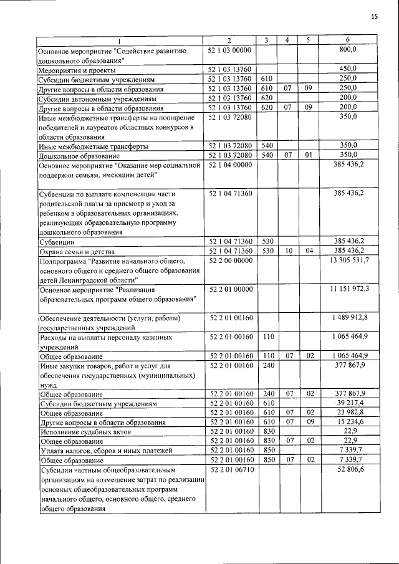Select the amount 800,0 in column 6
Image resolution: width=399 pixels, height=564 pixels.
[347, 49]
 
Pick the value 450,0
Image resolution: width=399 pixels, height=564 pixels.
[347, 69]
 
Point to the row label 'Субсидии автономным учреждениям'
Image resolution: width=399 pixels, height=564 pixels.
[93, 98]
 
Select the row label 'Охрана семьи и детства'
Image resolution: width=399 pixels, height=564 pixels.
[75, 251]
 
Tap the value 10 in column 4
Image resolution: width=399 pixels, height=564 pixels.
[289, 251]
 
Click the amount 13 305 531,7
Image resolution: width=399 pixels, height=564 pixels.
[345, 260]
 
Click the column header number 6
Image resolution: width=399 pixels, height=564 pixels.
[347, 41]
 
